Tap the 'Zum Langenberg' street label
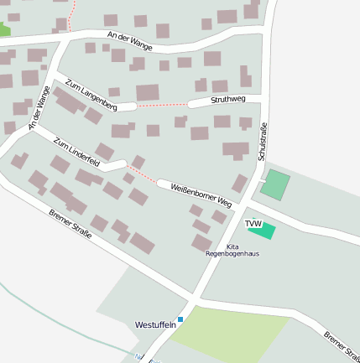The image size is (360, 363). (90, 94)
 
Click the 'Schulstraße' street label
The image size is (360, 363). (262, 142)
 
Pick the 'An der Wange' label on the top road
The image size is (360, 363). (130, 40)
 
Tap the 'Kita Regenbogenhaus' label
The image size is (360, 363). (232, 250)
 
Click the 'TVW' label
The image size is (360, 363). (253, 223)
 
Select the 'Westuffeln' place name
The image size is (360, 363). (155, 324)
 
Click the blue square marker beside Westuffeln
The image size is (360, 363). (180, 319)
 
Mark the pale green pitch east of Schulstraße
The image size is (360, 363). (274, 184)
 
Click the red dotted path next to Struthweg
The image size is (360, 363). (162, 106)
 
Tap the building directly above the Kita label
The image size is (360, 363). (202, 243)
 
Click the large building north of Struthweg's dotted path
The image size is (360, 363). (148, 92)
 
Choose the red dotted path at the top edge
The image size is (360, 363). (72, 15)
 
